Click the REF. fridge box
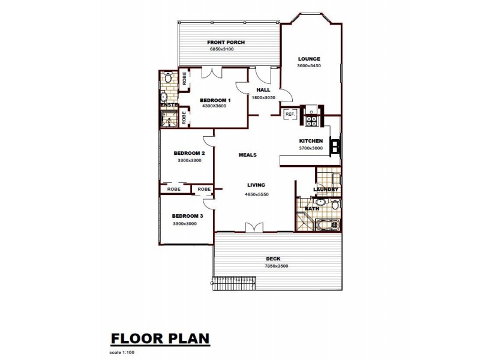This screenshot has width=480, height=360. [290, 113]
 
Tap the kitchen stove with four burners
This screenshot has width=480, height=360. [312, 121]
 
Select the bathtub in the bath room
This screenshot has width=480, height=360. [327, 226]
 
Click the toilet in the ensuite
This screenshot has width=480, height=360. [168, 78]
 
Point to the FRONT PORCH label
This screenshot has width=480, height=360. [226, 43]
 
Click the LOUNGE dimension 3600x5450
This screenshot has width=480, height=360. [309, 65]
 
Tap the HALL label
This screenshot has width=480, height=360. [263, 89]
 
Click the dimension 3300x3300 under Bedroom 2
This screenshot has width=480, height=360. [190, 160]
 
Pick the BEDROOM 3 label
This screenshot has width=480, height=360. [187, 216]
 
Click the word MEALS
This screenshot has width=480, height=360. [248, 155]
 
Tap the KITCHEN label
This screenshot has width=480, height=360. [311, 141]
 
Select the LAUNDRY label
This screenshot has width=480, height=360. [326, 190]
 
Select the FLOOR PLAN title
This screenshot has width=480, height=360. [160, 338]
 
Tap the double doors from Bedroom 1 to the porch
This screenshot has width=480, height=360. [211, 73]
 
